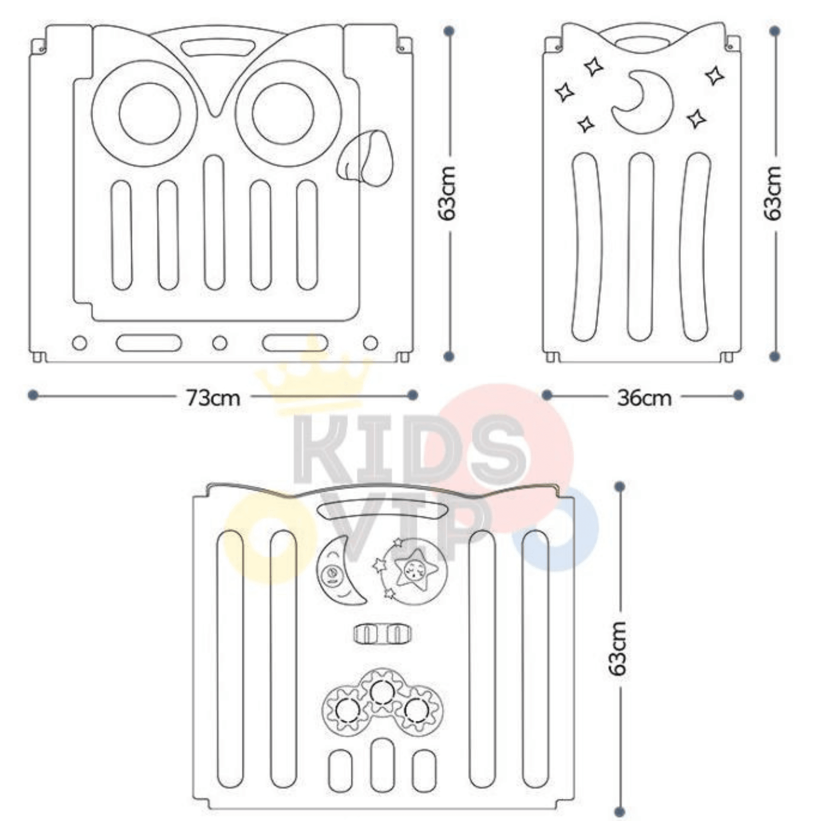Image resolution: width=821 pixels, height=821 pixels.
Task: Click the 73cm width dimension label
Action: pyautogui.click(x=213, y=398)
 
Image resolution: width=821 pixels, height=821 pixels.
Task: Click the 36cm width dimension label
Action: pyautogui.click(x=644, y=398)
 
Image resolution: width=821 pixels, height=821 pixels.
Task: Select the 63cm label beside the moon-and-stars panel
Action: pyautogui.click(x=773, y=193)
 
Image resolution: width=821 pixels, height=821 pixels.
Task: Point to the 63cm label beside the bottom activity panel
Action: pyautogui.click(x=618, y=648)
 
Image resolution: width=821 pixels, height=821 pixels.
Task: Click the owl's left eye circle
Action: pyautogui.click(x=150, y=113)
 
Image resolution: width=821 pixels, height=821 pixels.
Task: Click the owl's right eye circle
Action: pyautogui.click(x=283, y=113)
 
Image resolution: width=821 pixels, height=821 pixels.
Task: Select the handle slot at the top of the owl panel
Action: pyautogui.click(x=218, y=48)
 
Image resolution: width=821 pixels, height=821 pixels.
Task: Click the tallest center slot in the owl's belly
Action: pyautogui.click(x=214, y=223)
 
